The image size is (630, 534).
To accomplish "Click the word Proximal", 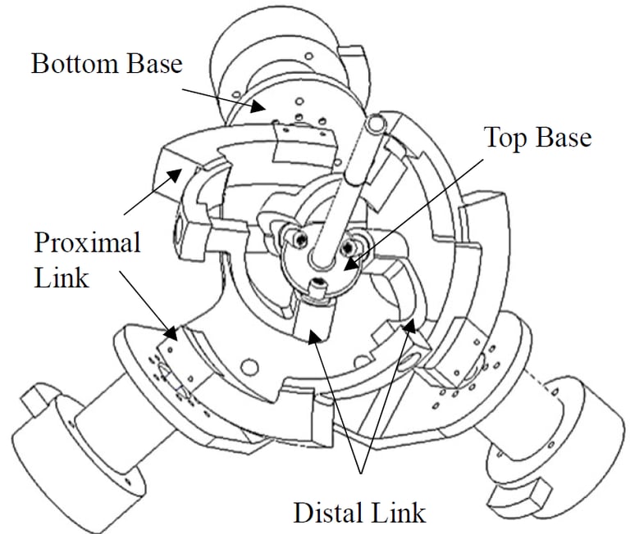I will coord(88,243).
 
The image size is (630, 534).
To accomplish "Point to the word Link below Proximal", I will coord(61,278).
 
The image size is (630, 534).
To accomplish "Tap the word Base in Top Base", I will coord(562,137).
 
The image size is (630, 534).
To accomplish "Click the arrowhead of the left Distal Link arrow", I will coord(314,337).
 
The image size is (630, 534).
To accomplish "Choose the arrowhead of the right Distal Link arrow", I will coord(408,328).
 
